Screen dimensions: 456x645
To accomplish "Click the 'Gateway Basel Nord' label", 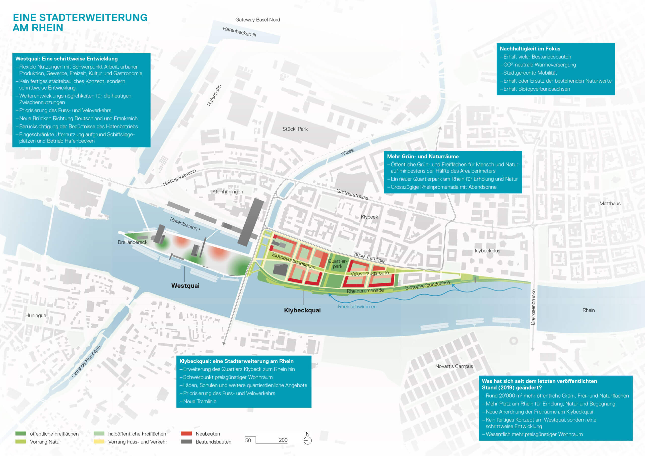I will tap(257, 20).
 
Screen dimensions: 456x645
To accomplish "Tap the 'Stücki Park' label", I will tap(295, 129).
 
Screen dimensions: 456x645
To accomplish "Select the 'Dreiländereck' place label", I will tap(132, 242).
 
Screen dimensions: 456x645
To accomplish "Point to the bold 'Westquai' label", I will tap(185, 286).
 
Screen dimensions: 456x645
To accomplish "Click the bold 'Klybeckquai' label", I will tap(302, 310).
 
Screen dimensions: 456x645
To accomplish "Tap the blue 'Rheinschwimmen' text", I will tap(357, 307).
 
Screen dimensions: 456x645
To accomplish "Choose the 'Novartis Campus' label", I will tap(454, 366).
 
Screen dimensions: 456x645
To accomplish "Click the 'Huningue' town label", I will tap(36, 315).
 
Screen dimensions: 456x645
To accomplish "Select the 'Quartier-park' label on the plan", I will tap(337, 264).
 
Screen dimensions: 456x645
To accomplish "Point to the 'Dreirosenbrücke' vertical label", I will tap(533, 307).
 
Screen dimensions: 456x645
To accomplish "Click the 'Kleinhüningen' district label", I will tap(228, 192).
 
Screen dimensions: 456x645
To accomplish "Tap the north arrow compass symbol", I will tap(308, 441).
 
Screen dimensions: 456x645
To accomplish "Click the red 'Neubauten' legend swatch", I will tap(186, 434).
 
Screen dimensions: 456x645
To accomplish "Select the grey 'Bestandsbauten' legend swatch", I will tap(186, 442).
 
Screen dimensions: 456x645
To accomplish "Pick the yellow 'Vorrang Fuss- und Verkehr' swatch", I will tap(99, 442).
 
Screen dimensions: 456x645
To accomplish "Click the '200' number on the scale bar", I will tap(283, 440).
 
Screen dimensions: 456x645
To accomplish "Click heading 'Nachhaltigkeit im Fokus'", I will tap(530, 49).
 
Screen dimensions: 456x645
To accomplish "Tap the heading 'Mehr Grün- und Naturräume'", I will tap(423, 156).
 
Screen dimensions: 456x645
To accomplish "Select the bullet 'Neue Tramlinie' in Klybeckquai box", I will tap(200, 401).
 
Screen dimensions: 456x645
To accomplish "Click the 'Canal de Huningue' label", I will tap(86, 362).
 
